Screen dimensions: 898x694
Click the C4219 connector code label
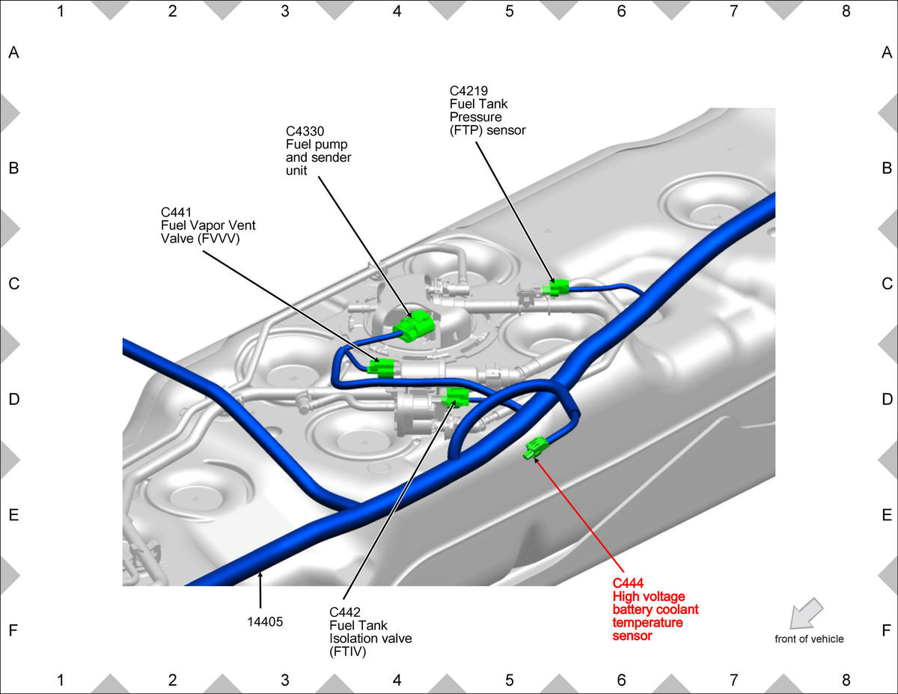click(x=468, y=91)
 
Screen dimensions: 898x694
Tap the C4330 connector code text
click(x=305, y=132)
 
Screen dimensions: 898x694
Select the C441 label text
click(x=176, y=213)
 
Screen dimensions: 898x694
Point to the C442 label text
click(x=345, y=612)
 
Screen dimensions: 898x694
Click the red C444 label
click(x=628, y=583)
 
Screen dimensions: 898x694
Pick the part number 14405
click(x=265, y=621)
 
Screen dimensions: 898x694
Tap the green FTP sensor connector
click(x=555, y=287)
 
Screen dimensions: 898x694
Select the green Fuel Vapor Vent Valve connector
click(x=381, y=368)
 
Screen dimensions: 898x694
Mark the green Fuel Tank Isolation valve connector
click(x=456, y=398)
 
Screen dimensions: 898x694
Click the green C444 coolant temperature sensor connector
click(x=537, y=448)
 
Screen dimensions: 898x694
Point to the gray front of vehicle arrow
click(x=806, y=613)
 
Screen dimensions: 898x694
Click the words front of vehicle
click(x=809, y=639)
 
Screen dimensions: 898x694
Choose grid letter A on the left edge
click(x=14, y=52)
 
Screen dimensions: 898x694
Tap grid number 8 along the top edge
click(x=846, y=11)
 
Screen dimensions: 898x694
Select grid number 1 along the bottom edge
click(x=61, y=680)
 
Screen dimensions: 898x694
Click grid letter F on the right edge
click(x=886, y=630)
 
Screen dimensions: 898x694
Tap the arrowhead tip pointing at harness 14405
click(x=260, y=570)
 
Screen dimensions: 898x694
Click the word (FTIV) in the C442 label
click(x=347, y=652)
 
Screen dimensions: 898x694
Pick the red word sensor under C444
click(x=632, y=636)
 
